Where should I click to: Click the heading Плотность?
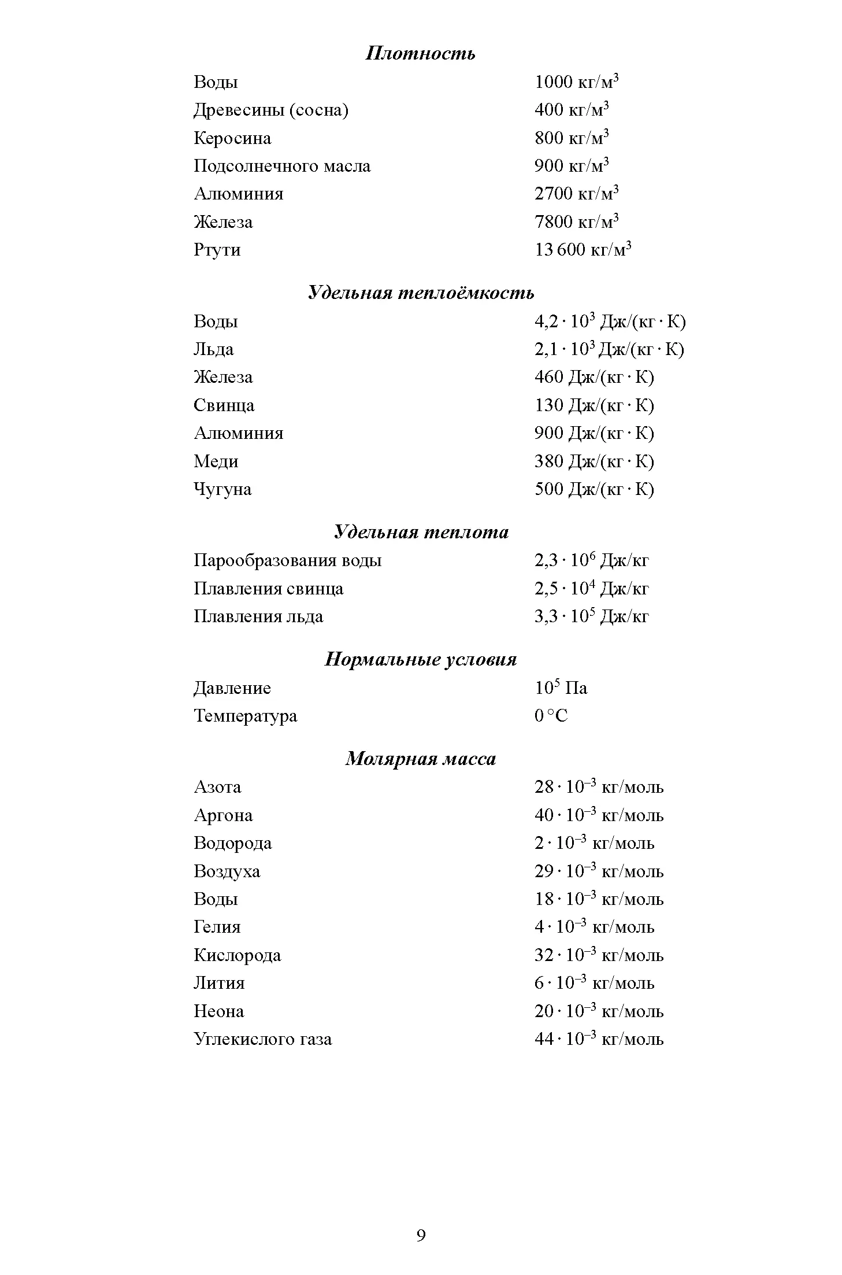pos(421,53)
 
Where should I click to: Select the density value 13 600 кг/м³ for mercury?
pos(583,250)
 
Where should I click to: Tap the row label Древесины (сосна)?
pos(271,110)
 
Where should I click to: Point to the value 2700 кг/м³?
pos(576,194)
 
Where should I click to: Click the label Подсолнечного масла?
pos(282,166)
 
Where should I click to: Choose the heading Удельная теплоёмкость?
pos(421,293)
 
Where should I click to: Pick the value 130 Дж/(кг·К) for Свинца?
pos(594,405)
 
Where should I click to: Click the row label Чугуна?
pos(222,489)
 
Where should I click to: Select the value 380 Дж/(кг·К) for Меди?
pos(594,461)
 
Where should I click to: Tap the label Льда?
pos(214,349)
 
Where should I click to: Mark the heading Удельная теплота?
pos(421,532)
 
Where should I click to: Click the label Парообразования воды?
pos(287,560)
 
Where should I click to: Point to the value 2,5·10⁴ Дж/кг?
pos(591,589)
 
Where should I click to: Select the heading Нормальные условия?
pos(421,659)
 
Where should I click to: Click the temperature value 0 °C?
pos(551,716)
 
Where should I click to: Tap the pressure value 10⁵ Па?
pos(561,688)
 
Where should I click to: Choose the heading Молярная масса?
pos(421,759)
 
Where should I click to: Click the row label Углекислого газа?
pos(263,1039)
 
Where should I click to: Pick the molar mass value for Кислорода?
pos(599,955)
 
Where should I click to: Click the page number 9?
pos(421,1236)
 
